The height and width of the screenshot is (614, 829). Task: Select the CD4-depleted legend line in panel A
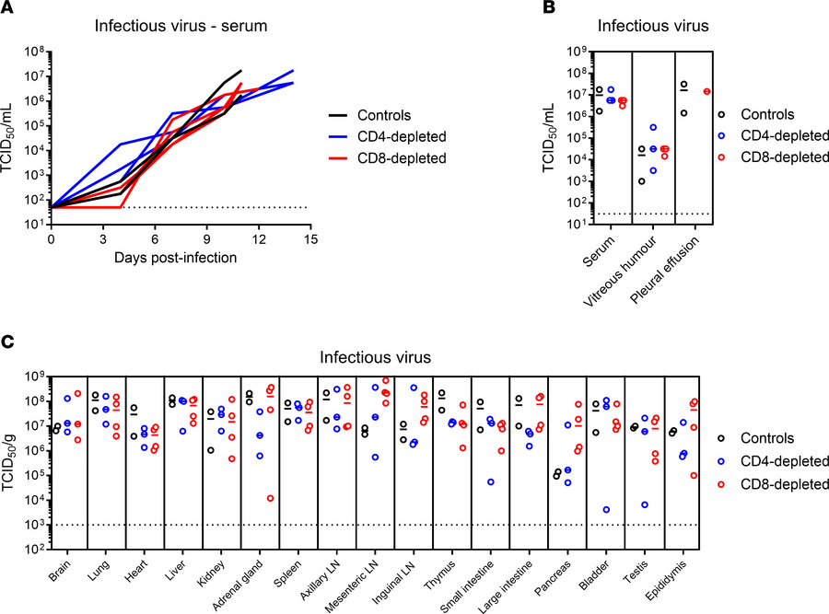tap(343, 136)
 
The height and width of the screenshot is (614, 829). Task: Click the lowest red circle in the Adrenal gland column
tap(268, 498)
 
